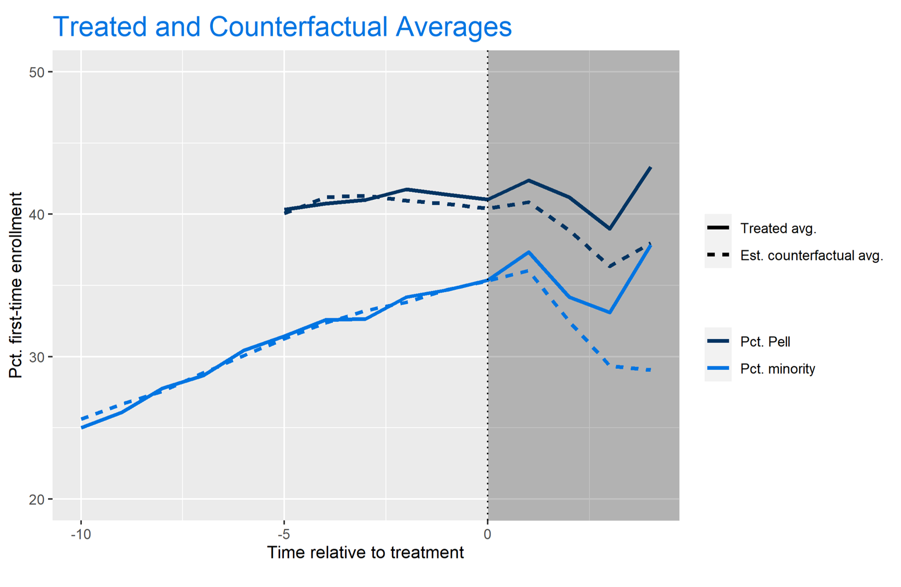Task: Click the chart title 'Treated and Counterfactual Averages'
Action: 282,27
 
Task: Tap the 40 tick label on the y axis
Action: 37,214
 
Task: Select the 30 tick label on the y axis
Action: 37,357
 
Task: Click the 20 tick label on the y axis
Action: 37,499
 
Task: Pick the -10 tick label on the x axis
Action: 81,534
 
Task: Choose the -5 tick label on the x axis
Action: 284,534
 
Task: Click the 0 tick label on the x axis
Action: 487,534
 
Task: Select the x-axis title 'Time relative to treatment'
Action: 365,553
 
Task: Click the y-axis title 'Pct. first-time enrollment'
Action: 16,285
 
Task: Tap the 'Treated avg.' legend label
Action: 778,229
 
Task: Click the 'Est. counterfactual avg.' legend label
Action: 812,256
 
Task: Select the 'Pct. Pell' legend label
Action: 765,342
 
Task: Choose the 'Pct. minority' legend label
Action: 777,369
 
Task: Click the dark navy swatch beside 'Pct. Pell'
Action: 718,341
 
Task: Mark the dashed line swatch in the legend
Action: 718,255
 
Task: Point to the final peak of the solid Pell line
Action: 650,167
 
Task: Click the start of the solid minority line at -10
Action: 81,428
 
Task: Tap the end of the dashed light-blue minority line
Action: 650,370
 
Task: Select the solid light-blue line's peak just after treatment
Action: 529,252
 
